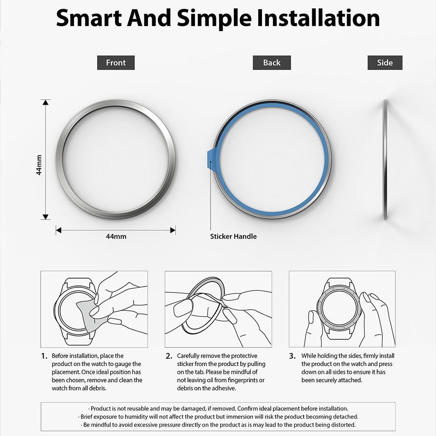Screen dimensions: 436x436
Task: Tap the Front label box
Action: (116, 63)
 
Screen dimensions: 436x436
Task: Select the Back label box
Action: (272, 63)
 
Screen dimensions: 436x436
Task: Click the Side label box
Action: (385, 63)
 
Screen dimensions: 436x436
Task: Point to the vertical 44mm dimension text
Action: (39, 164)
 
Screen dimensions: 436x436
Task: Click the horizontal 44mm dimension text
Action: (116, 236)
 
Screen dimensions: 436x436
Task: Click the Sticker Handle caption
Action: (233, 236)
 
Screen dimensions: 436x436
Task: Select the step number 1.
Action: (44, 356)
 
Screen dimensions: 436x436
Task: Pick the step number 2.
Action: (169, 356)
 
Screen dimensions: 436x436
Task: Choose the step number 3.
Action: (292, 356)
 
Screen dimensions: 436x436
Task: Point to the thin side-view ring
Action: (385, 160)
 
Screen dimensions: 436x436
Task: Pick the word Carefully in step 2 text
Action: (190, 356)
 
